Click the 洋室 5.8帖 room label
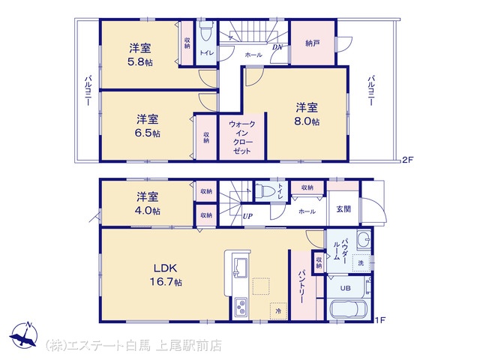coord(140,55)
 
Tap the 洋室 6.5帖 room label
coord(148,126)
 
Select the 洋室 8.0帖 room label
coord(307,114)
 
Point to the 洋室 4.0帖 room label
coord(148,203)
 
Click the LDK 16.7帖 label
coord(165,274)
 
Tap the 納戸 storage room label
coord(313,43)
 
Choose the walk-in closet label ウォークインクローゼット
coord(241,137)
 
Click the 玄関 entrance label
coord(343,209)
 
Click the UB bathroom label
coord(345,288)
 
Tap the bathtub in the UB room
coord(349,309)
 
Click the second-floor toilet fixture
coord(205,31)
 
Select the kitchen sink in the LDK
coord(241,268)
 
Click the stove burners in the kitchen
coord(240,307)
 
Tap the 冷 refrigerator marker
coord(278,311)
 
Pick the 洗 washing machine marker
coord(361,262)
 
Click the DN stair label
coord(277,47)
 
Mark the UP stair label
coord(247,216)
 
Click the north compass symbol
coord(24,335)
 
